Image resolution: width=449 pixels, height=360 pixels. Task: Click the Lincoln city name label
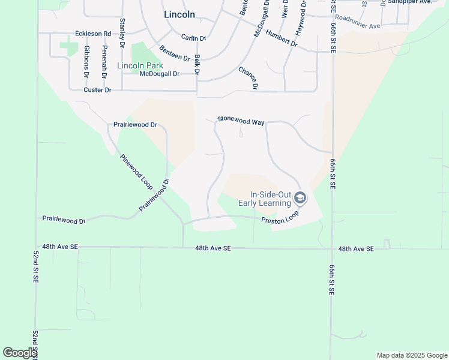[179, 14]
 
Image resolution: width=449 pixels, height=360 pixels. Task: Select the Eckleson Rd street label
[93, 34]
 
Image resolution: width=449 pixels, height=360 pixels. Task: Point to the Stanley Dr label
[122, 29]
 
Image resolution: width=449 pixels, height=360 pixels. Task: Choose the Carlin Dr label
[193, 38]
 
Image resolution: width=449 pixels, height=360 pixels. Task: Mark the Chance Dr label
[248, 78]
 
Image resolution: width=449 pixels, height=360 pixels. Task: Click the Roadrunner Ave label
[358, 22]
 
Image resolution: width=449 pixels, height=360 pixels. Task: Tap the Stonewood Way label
[241, 121]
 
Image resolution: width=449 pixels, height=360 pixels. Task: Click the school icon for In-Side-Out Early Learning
[301, 197]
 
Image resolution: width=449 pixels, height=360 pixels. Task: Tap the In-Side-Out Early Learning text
[265, 199]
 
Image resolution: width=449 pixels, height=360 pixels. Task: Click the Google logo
[20, 353]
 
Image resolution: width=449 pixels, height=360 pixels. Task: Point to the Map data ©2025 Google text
[412, 355]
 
